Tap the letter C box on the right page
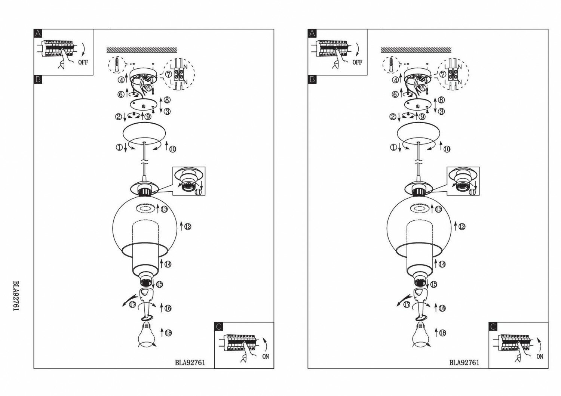click(x=493, y=327)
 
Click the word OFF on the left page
click(x=83, y=62)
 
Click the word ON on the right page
click(x=540, y=357)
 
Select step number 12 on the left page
click(x=188, y=226)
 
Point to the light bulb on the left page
click(x=147, y=335)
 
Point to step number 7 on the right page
click(x=443, y=74)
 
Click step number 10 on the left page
click(x=172, y=149)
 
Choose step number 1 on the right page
click(x=393, y=148)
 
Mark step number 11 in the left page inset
click(x=198, y=192)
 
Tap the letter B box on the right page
click(x=312, y=79)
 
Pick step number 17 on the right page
click(x=407, y=304)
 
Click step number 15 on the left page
click(x=159, y=284)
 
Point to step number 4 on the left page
click(x=121, y=80)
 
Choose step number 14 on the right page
click(x=442, y=264)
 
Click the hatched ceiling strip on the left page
click(x=142, y=50)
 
